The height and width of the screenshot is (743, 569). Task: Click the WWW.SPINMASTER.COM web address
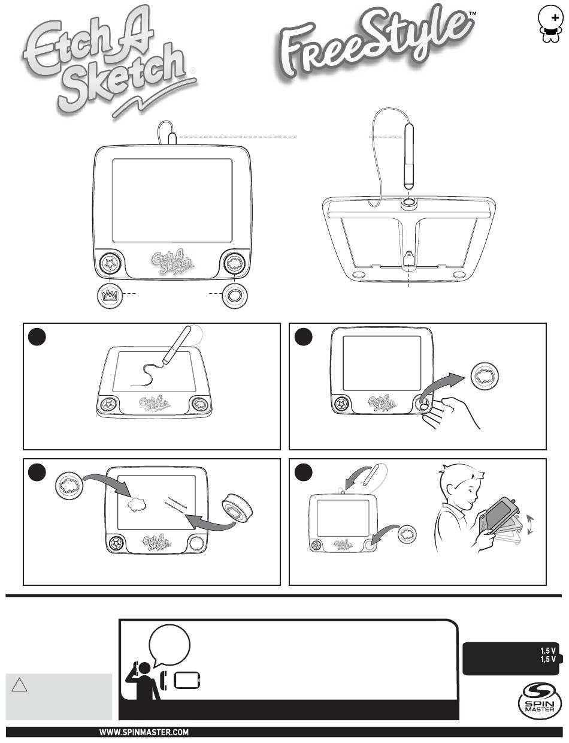144,732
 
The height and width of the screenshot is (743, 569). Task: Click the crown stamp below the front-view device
110,295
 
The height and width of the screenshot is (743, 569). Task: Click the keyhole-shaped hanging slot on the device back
408,260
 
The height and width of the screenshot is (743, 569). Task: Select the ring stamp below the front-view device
232,295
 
